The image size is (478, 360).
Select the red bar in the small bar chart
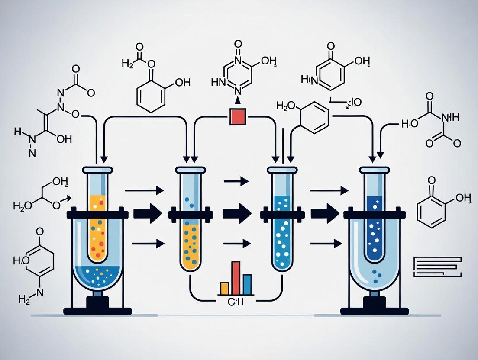pyautogui.click(x=236, y=278)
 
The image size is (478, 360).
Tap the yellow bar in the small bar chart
pyautogui.click(x=225, y=288)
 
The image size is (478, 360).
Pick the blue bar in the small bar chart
pyautogui.click(x=247, y=284)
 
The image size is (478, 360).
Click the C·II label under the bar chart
pyautogui.click(x=236, y=302)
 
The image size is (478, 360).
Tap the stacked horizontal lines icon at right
pyautogui.click(x=437, y=267)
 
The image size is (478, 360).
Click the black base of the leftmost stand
pyautogui.click(x=97, y=310)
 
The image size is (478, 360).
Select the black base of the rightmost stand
pyautogui.click(x=375, y=310)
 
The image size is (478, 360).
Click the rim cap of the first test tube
pyautogui.click(x=97, y=170)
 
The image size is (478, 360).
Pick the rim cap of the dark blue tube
pyautogui.click(x=375, y=170)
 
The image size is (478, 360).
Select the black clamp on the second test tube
pyautogui.click(x=191, y=214)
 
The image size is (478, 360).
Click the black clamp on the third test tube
pyautogui.click(x=282, y=214)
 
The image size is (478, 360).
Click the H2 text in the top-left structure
pyautogui.click(x=128, y=64)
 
